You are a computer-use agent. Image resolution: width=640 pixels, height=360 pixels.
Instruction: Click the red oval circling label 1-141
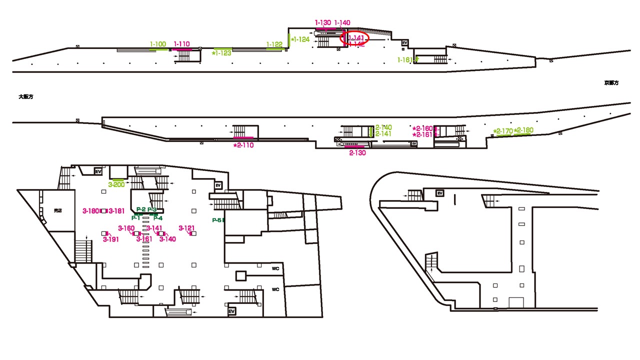click(354, 38)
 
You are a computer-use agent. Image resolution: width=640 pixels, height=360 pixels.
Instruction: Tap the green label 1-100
click(158, 44)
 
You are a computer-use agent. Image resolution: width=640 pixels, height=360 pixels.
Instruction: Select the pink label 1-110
click(181, 44)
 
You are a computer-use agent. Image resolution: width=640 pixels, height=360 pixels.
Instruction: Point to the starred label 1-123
click(221, 53)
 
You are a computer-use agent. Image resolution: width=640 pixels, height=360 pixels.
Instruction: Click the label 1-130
click(323, 22)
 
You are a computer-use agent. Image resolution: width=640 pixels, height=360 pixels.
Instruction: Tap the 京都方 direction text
click(611, 83)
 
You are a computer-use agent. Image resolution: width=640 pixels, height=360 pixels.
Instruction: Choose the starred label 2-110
click(243, 145)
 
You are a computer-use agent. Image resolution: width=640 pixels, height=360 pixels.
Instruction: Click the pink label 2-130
click(357, 153)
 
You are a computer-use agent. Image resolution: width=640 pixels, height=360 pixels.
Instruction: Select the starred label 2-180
click(523, 130)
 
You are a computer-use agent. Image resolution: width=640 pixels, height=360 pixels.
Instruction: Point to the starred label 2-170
click(502, 131)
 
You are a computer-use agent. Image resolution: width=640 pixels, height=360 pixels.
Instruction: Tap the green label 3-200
click(116, 184)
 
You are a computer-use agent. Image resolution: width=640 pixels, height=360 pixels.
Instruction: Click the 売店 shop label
click(57, 211)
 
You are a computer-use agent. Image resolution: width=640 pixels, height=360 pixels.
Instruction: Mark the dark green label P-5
click(217, 220)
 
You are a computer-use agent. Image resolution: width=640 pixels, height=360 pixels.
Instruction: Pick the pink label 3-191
click(111, 239)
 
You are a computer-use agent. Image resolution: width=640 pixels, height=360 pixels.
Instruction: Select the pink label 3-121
click(186, 228)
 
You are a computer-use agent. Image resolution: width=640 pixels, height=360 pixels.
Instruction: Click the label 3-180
click(91, 211)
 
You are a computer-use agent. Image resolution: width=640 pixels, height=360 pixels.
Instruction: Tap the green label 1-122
click(274, 44)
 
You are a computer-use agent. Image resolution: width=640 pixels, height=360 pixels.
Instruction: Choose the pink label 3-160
click(126, 228)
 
